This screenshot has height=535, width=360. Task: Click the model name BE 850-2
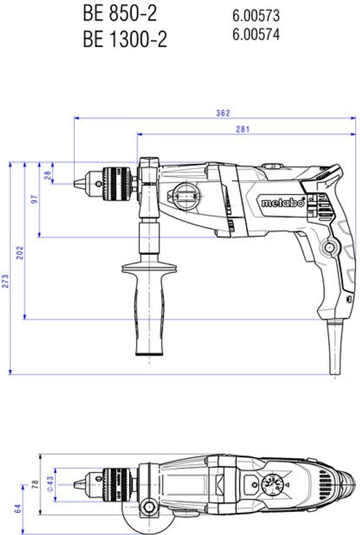[120, 14]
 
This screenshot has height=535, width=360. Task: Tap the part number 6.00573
[256, 15]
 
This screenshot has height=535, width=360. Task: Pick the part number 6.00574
[256, 34]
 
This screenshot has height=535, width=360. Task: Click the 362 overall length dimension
[223, 113]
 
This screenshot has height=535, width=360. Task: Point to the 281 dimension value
[242, 129]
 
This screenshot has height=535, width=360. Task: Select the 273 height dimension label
[6, 281]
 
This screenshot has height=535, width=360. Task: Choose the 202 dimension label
[20, 252]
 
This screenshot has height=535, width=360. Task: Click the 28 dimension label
[48, 175]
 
